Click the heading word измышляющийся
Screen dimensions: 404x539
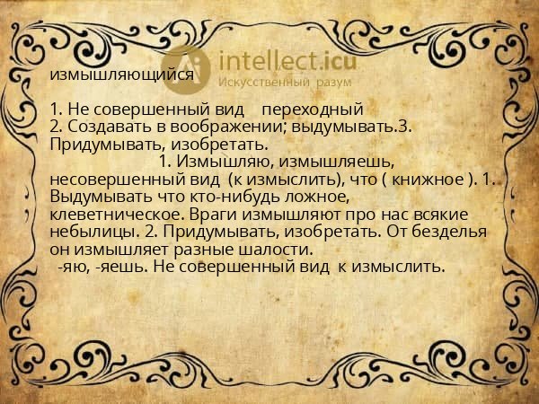click(121, 75)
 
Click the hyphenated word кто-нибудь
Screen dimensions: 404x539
click(235, 197)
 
